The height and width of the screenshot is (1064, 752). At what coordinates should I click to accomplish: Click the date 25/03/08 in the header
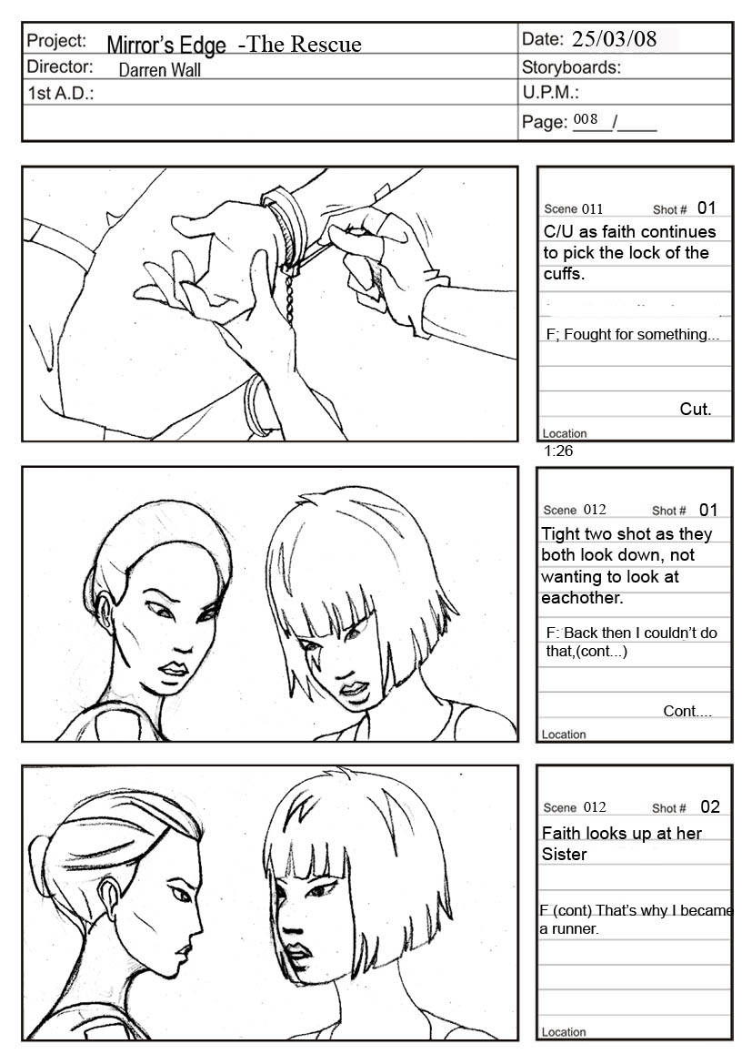tap(614, 38)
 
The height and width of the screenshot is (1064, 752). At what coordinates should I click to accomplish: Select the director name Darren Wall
tap(159, 70)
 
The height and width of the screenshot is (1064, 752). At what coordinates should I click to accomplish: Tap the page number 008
tap(586, 119)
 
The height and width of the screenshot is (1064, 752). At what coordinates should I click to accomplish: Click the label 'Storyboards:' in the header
tap(571, 67)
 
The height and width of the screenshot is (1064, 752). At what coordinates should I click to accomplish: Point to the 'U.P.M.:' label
tap(550, 92)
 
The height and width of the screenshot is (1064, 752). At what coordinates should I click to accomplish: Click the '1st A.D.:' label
tap(60, 93)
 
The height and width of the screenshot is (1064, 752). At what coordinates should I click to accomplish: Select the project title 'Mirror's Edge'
tap(166, 45)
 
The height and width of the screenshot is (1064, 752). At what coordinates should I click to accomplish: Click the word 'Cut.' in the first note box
tap(695, 410)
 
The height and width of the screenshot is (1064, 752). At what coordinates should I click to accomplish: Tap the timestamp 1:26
tap(558, 451)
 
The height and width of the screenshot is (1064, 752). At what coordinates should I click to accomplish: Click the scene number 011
tap(592, 209)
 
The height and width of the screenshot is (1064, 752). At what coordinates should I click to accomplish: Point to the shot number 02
tap(710, 806)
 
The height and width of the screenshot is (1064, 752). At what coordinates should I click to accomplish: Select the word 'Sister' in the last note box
tap(564, 855)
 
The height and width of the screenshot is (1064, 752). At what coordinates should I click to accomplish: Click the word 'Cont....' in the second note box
tap(687, 711)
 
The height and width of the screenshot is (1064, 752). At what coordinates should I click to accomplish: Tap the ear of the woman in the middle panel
tap(106, 612)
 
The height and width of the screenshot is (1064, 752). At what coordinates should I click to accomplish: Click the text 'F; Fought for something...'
tap(633, 335)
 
